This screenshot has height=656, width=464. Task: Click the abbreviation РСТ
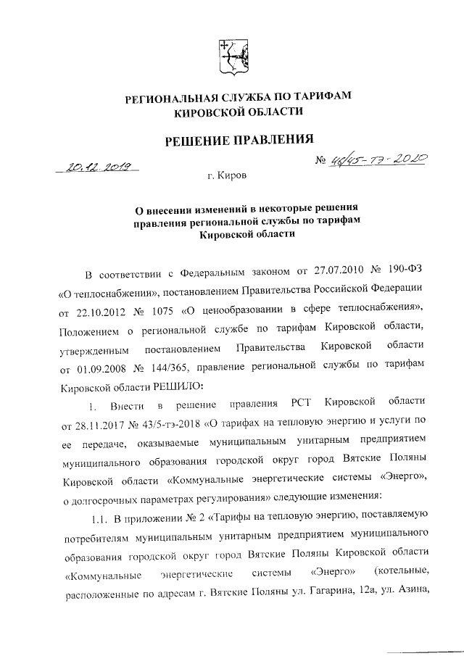pyautogui.click(x=302, y=402)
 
